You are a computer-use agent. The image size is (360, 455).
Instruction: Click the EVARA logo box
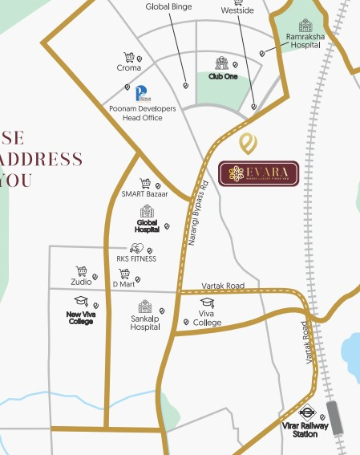tap(258, 173)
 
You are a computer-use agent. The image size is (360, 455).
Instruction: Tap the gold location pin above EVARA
tap(250, 144)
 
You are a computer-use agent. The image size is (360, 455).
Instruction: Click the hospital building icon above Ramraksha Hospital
tap(305, 26)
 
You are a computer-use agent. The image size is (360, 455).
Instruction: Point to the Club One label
tap(223, 76)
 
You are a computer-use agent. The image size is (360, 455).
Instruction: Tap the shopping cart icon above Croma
tap(128, 58)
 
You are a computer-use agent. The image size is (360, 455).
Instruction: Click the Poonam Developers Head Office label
tap(136, 112)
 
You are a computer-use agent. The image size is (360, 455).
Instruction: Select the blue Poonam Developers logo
tap(141, 93)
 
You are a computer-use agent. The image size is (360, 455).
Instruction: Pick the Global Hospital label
tap(147, 228)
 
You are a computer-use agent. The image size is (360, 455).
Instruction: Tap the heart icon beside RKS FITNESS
tap(136, 248)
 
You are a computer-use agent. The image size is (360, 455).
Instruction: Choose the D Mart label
tap(123, 283)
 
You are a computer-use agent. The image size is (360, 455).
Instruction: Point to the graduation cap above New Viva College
tap(80, 301)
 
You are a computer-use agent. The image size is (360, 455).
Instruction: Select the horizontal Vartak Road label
tap(223, 286)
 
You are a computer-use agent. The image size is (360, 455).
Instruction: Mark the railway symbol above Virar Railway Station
tap(305, 409)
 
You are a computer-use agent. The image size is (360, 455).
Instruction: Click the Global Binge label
tap(168, 6)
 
